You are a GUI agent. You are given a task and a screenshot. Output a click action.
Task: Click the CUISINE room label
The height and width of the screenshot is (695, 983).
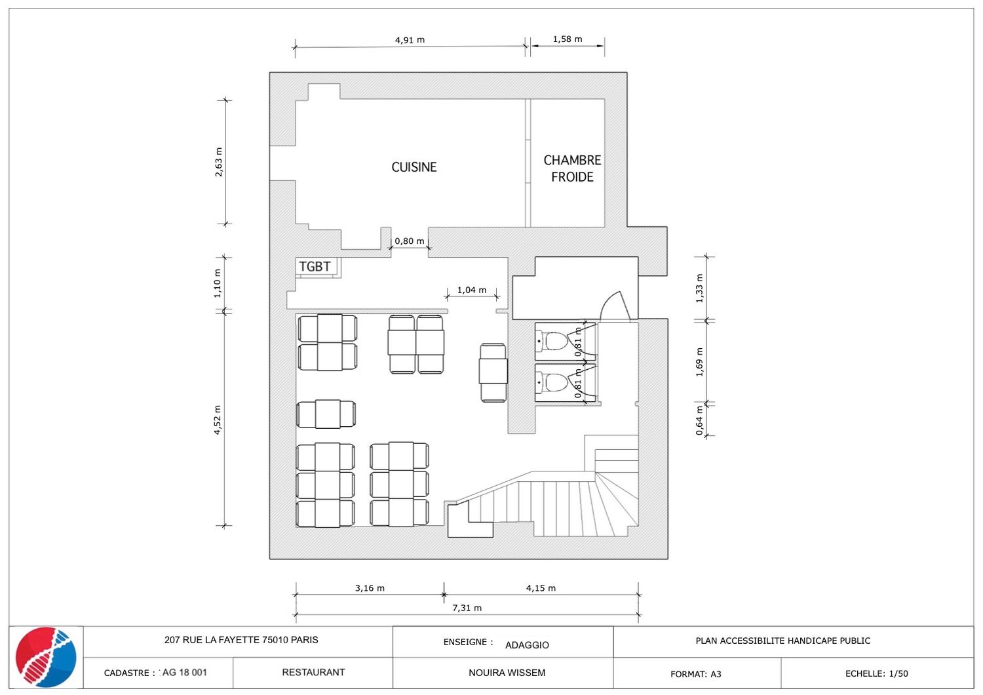414,167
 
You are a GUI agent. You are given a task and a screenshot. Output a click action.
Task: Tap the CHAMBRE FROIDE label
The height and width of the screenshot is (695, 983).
572,168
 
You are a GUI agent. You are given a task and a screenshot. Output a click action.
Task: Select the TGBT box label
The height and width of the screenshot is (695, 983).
315,266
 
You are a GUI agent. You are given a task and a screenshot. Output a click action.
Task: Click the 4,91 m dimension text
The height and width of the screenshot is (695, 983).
410,40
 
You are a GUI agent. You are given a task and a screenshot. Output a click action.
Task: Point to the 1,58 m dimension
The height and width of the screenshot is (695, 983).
568,39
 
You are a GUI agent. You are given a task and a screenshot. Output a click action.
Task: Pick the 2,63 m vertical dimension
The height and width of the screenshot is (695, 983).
218,162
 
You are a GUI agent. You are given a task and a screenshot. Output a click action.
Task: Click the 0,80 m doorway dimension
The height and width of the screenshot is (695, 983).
410,241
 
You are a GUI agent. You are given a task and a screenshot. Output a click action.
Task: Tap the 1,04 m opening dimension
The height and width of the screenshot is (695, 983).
472,290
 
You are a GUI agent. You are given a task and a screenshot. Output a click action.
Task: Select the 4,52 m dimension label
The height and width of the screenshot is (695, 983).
218,420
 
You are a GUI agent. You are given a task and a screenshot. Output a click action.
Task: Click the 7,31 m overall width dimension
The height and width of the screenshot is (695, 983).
467,608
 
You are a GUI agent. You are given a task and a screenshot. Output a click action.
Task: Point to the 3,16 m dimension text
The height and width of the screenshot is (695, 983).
370,588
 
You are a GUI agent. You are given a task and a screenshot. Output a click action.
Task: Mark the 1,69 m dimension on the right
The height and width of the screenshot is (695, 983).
699,362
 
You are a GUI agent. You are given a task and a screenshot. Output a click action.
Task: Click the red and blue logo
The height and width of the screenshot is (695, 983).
46,657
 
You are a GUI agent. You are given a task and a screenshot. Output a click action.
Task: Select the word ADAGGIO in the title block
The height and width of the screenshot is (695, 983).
527,645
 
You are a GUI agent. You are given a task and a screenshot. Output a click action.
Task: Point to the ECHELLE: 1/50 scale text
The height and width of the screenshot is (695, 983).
876,673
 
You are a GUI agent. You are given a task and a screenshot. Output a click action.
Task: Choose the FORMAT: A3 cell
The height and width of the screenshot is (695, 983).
695,674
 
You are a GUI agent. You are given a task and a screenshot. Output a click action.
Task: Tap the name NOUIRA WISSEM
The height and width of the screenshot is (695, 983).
507,673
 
